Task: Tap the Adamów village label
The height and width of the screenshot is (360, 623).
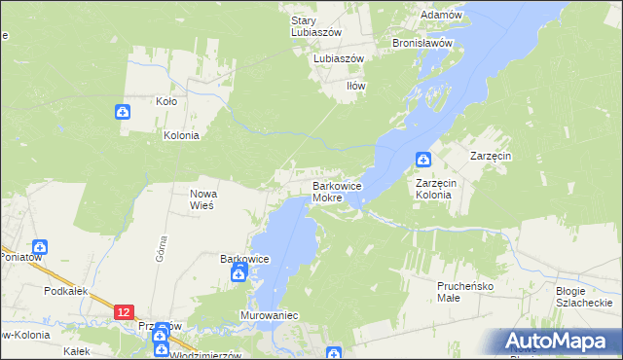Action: tap(440, 15)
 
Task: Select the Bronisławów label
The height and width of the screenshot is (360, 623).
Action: tap(423, 43)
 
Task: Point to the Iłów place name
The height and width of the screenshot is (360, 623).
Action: tap(357, 86)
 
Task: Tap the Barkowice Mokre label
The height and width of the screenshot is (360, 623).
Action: tap(337, 191)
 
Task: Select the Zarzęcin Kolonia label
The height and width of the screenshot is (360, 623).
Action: tap(434, 188)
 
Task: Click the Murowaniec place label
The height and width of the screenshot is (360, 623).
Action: tap(269, 316)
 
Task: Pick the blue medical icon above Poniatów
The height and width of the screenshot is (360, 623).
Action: tap(40, 249)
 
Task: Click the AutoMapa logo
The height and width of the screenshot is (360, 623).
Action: tap(556, 341)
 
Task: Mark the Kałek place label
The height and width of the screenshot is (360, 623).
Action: tap(76, 351)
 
